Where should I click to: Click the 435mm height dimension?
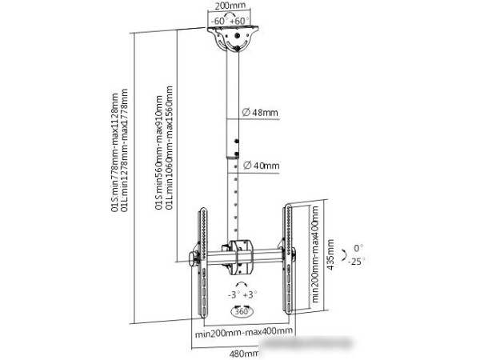pos(330,258)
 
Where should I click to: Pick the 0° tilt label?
pos(358,248)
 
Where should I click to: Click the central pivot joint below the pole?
pos(238,254)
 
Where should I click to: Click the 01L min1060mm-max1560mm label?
pos(169,152)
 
